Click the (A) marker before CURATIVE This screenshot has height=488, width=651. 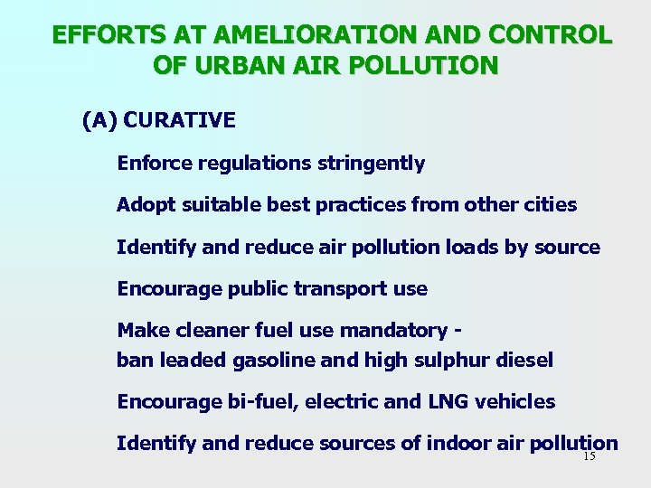(99, 120)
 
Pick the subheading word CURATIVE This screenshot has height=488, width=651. (179, 120)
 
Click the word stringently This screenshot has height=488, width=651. (371, 164)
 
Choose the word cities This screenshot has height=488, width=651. (550, 205)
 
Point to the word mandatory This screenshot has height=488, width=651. (394, 331)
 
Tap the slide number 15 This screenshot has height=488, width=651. (590, 456)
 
